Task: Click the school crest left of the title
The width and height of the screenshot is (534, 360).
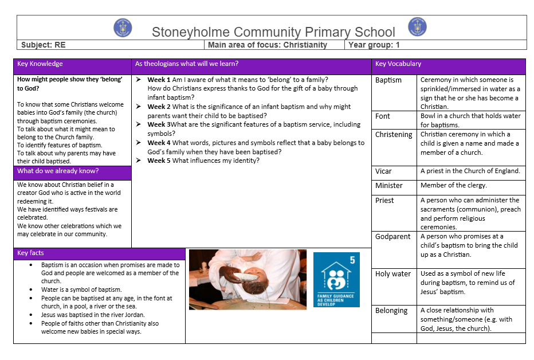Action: (123, 27)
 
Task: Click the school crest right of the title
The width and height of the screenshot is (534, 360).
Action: (417, 26)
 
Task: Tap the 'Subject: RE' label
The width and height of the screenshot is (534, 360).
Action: (43, 45)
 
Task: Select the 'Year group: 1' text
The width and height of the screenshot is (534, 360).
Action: (373, 45)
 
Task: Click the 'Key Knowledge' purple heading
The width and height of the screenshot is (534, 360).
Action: (40, 64)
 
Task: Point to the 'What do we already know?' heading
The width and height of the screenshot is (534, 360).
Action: (58, 171)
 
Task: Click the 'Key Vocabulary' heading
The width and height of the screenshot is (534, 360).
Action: (398, 64)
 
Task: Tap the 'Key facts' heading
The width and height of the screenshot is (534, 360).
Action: (31, 253)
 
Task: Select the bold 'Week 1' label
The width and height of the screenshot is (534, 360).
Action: (159, 80)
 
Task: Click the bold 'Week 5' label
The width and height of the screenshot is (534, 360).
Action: (159, 161)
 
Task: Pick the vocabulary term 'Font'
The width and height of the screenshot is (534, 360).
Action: (383, 116)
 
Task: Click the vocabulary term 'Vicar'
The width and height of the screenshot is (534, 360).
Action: (383, 171)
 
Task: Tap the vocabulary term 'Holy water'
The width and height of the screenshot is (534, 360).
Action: (393, 273)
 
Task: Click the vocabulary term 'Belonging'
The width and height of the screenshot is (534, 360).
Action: (391, 310)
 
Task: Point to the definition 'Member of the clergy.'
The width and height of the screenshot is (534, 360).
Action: (453, 186)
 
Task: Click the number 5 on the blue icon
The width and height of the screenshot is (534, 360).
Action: (352, 260)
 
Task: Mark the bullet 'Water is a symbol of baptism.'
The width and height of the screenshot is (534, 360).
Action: (81, 289)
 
